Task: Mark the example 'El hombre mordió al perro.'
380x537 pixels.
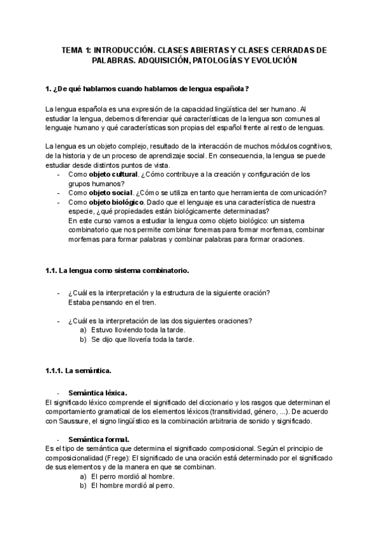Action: [132, 486]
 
